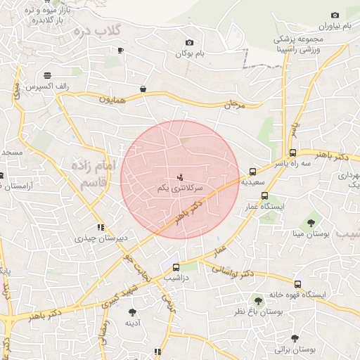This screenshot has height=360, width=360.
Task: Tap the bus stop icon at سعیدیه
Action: [252, 171]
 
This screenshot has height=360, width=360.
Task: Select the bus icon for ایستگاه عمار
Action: [264, 196]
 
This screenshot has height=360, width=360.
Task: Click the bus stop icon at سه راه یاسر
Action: [292, 153]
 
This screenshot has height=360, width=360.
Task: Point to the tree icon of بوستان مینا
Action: [311, 223]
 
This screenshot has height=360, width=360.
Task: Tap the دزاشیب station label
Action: [176, 277]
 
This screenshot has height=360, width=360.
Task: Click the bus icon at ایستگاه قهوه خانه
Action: [298, 285]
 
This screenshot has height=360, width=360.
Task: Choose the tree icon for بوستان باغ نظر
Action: [258, 300]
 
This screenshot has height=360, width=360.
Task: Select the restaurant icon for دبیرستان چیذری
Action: [101, 227]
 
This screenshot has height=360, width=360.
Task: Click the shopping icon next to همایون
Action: [143, 89]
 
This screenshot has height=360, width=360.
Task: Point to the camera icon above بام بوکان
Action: [188, 43]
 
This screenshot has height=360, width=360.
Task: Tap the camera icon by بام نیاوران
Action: [334, 15]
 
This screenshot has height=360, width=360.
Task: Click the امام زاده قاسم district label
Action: [89, 173]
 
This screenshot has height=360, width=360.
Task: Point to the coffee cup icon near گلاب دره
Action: [121, 50]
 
